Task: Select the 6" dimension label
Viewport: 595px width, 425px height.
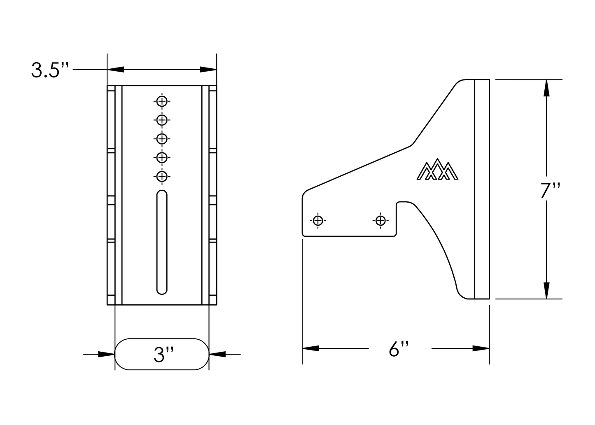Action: point(398,349)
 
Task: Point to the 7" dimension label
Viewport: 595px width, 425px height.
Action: point(551,191)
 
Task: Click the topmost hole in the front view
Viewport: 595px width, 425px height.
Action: point(162,101)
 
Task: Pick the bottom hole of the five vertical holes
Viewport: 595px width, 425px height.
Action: point(162,176)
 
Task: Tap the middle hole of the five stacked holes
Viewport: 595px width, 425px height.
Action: point(162,138)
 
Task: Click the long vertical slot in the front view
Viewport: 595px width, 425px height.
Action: point(162,243)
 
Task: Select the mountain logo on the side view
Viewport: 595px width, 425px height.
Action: point(438,170)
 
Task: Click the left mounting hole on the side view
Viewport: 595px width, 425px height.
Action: point(317,221)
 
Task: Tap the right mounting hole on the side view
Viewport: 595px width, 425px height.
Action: point(380,221)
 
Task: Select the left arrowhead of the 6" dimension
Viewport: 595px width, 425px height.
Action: point(311,348)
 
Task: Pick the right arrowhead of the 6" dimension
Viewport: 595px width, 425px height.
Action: point(481,348)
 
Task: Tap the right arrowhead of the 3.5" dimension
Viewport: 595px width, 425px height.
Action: point(208,70)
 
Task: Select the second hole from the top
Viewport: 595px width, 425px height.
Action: point(162,120)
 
